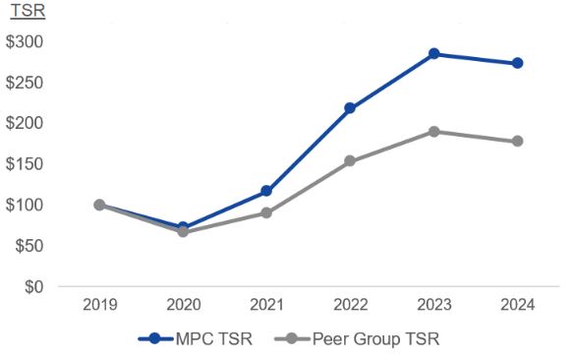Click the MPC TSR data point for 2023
click(x=433, y=53)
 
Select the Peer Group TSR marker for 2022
click(x=350, y=160)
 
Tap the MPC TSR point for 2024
click(x=517, y=63)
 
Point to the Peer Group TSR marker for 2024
click(x=517, y=141)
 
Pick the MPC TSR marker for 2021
click(x=266, y=191)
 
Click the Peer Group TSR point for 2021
click(x=266, y=212)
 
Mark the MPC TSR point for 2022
click(x=350, y=108)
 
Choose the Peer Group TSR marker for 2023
click(x=433, y=131)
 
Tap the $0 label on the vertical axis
click(x=33, y=287)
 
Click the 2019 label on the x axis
click(x=99, y=306)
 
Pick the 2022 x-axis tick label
click(x=350, y=306)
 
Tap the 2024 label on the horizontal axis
click(x=517, y=306)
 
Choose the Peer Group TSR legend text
click(x=375, y=339)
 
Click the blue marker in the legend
click(x=155, y=339)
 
